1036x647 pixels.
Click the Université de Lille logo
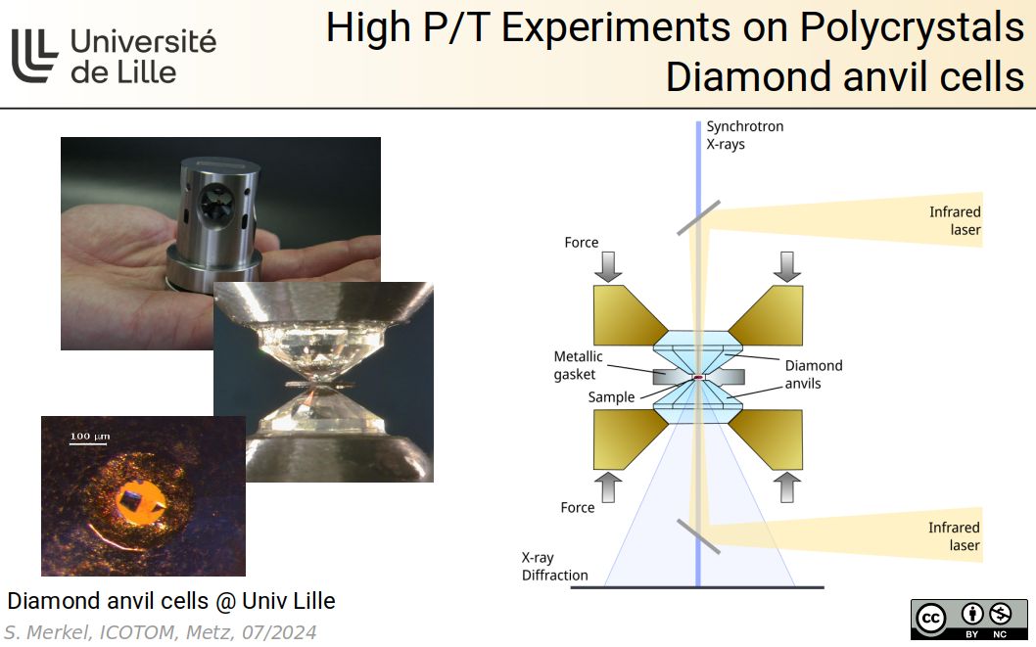[114, 55]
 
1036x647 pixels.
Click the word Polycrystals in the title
[912, 28]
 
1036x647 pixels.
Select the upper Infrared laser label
[955, 221]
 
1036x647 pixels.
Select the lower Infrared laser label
[954, 536]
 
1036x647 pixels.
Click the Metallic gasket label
[578, 365]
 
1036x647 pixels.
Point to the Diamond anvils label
[813, 374]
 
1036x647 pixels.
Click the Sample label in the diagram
[611, 397]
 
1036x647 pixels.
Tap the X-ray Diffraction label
[554, 566]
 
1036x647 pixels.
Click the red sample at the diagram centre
[699, 378]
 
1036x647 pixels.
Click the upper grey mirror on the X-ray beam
[698, 218]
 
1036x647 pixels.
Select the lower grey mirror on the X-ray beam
[697, 536]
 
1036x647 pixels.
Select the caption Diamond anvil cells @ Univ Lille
[171, 600]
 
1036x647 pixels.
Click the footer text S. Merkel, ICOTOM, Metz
[161, 632]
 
